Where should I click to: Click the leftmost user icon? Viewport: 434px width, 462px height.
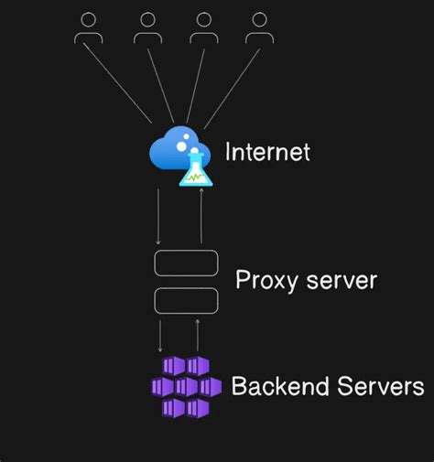pos(89,28)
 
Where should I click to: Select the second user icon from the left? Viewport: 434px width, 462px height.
pos(147,28)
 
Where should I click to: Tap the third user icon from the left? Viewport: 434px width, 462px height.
pos(203,28)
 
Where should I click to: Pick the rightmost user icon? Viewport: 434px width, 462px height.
pos(259,28)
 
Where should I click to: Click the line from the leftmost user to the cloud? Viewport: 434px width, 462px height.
pos(119,81)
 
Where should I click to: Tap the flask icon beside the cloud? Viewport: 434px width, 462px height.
pos(196,170)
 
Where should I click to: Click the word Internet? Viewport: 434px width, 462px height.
pos(267,151)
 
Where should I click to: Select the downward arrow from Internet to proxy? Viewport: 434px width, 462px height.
pos(160,215)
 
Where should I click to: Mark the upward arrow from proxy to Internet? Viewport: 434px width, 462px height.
pos(201,215)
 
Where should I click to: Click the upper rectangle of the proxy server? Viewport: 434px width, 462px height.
pos(186,263)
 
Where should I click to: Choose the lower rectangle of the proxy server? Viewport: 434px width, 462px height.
pos(186,300)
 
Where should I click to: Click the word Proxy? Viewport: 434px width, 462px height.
pos(266,281)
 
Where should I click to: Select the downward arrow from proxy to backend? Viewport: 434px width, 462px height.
pos(161,335)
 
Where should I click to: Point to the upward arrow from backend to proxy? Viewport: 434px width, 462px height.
pos(197,335)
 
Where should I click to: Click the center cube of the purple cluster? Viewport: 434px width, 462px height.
pos(187,387)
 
